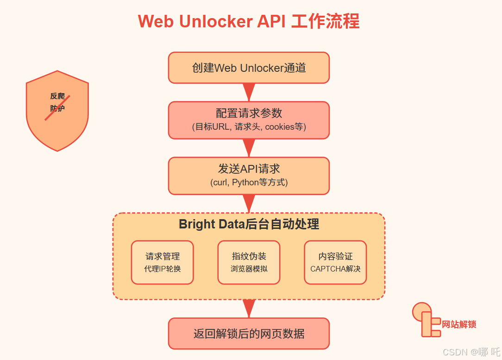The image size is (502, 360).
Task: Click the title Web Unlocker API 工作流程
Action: (x=249, y=22)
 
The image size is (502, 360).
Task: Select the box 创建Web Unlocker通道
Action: (x=249, y=68)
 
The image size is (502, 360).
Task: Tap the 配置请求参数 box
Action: (x=249, y=120)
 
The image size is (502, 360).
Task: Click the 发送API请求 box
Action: (x=249, y=176)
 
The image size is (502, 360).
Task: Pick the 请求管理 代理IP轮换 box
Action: (x=162, y=262)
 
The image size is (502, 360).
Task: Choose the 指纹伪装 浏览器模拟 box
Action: (x=249, y=262)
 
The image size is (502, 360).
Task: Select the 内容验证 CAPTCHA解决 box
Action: (x=335, y=262)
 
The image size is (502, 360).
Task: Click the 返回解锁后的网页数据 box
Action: (x=249, y=334)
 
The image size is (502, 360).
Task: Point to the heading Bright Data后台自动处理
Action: (x=249, y=224)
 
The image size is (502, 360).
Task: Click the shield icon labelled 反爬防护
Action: (x=57, y=111)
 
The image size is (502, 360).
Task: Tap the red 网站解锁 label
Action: (x=459, y=324)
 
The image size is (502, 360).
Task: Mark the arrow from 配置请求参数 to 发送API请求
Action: (x=249, y=148)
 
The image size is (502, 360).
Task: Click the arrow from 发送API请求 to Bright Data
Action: (x=249, y=203)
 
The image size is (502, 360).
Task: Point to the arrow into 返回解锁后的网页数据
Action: (x=249, y=308)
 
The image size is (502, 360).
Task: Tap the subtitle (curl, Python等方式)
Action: (x=249, y=183)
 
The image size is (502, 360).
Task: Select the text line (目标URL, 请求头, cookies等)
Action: (x=249, y=126)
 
